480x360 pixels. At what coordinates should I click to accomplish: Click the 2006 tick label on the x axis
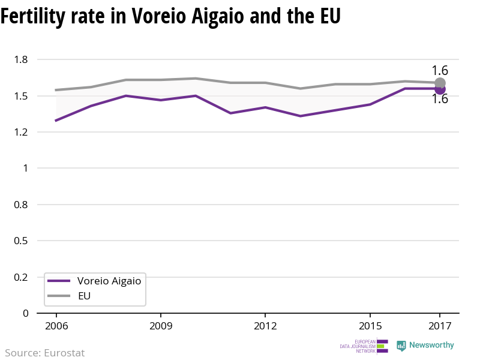[56, 326]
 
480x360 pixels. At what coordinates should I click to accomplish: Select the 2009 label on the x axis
[161, 326]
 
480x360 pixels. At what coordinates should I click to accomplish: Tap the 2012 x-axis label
[265, 326]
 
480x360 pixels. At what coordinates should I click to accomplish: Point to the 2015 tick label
[370, 326]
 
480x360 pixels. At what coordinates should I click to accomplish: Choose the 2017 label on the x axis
[440, 326]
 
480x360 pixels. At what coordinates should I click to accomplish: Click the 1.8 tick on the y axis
[22, 59]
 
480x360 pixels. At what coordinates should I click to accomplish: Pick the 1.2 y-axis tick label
[22, 132]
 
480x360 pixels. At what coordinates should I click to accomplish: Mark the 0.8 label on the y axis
[22, 205]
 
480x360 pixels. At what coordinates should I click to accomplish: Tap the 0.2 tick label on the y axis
[22, 277]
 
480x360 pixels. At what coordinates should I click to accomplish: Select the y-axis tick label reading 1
[26, 169]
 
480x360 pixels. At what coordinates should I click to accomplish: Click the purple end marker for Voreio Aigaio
[440, 89]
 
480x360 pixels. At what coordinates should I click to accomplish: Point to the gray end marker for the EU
[440, 83]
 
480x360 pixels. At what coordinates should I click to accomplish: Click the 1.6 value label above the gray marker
[440, 70]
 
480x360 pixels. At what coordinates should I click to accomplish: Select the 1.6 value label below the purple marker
[440, 100]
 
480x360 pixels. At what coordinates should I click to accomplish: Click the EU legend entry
[85, 296]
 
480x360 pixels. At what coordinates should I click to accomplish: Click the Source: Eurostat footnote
[45, 353]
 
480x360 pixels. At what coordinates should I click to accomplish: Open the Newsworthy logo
[425, 346]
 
